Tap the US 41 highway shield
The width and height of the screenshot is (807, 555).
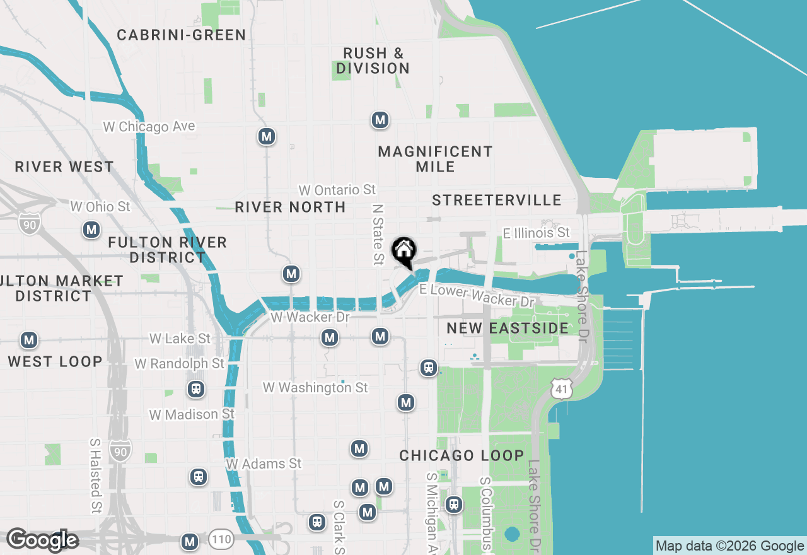[561, 389]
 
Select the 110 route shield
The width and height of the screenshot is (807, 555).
[221, 539]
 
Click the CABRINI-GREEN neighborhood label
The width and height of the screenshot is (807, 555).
[182, 35]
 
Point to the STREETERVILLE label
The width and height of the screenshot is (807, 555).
[497, 200]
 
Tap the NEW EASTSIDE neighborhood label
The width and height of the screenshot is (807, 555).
[508, 328]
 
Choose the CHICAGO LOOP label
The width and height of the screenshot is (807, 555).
[462, 455]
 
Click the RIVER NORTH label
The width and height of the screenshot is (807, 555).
[290, 207]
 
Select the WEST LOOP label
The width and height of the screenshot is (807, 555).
[55, 361]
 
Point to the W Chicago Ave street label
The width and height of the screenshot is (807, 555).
[149, 127]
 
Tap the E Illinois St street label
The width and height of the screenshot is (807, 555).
[536, 233]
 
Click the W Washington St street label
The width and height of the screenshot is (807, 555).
[315, 387]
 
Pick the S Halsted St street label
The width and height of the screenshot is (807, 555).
[95, 476]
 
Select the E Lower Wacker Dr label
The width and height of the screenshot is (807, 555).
[477, 295]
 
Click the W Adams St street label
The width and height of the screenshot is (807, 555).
[264, 464]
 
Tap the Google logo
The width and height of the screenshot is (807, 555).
[42, 540]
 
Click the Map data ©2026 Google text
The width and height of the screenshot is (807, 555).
[729, 546]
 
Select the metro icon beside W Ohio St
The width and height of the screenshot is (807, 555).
[92, 230]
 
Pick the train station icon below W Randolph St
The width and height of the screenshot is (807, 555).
[196, 389]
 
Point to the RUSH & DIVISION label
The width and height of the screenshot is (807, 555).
[373, 61]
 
